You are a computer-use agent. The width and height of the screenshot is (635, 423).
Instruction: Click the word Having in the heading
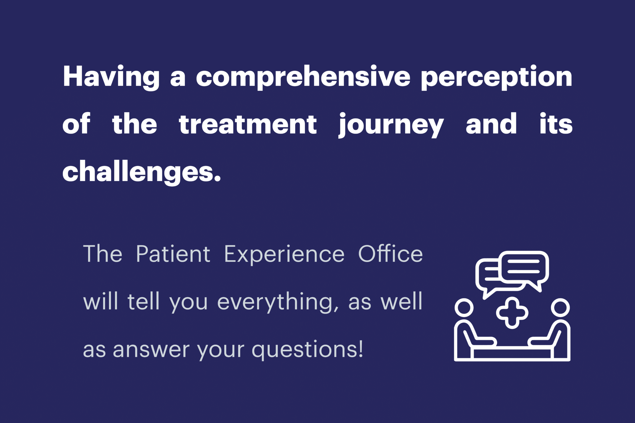111,77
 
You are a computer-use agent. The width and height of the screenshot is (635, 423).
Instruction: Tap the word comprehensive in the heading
303,77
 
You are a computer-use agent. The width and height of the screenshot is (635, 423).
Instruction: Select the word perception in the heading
496,77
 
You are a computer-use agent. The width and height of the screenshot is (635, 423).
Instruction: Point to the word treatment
248,124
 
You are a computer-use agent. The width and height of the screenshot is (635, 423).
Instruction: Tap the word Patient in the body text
173,254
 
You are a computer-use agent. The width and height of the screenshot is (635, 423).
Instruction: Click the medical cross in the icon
512,313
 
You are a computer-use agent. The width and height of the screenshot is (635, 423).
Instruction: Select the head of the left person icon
464,308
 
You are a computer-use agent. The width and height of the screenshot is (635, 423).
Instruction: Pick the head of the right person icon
560,308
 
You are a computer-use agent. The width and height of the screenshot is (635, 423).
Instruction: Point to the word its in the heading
556,124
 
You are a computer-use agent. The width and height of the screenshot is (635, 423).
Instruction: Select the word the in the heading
135,124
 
